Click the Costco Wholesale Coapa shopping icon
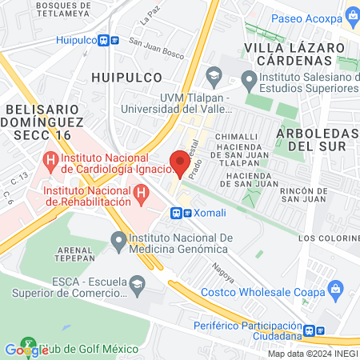[x=334, y=288]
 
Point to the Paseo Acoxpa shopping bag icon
[x=351, y=17]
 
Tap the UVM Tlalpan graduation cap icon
[x=213, y=78]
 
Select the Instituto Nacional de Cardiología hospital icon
[x=52, y=162]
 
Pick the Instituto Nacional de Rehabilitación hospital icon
[x=141, y=193]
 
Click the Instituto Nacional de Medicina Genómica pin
[x=118, y=238]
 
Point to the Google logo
[x=26, y=350]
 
